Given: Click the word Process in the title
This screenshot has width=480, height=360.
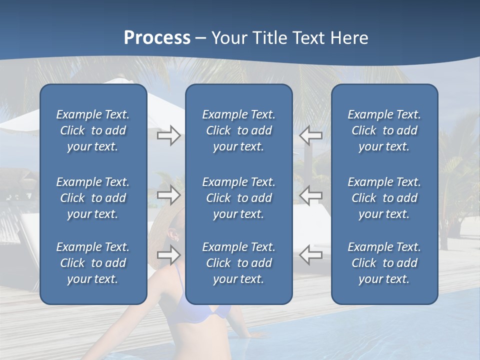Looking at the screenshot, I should pos(157,38).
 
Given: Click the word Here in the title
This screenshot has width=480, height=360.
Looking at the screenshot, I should pos(349,38).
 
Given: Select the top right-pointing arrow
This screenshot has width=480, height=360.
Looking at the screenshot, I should pos(168,135).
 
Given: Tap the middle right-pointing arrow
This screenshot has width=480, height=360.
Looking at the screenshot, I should pos(168,195).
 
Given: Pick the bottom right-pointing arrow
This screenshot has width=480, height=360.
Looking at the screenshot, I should pos(168,255).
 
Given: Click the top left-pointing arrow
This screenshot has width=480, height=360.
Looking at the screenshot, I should pos(310,135).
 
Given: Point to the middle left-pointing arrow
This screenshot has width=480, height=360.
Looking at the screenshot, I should pos(310,195).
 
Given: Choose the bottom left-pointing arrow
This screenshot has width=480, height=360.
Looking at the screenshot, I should pos(310,255).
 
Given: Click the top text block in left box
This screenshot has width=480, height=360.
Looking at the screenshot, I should pos(93,130).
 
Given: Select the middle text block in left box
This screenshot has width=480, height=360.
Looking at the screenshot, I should pos(93,198).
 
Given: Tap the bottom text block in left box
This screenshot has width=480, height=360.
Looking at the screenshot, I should pos(93,263).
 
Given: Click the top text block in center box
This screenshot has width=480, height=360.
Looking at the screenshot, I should pos(238,130).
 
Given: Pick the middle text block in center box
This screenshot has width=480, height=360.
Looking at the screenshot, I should pos(238,198).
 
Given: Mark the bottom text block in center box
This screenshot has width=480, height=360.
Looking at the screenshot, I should pos(238,263).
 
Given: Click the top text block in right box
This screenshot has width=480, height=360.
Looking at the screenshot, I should pos(384,130).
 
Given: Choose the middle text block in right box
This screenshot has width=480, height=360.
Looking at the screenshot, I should pos(384,198).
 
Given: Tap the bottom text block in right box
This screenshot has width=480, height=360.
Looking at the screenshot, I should pos(384,263).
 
